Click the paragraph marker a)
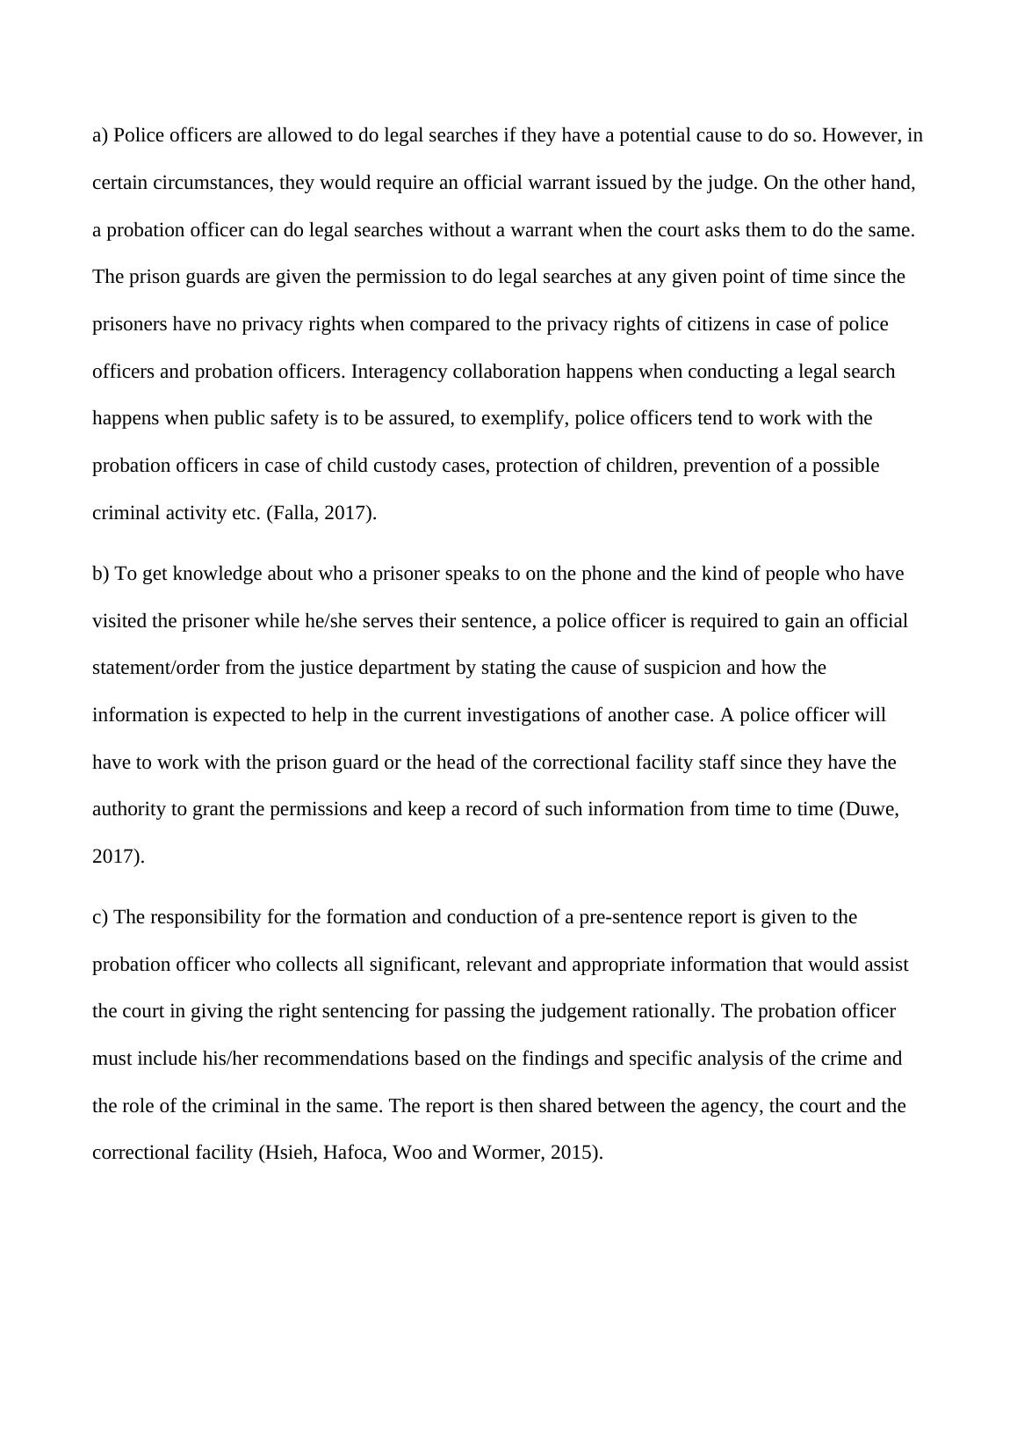coord(100,136)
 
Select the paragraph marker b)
coord(101,575)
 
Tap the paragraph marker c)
coord(100,918)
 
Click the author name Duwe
coord(869,810)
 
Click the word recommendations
coord(335,1059)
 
